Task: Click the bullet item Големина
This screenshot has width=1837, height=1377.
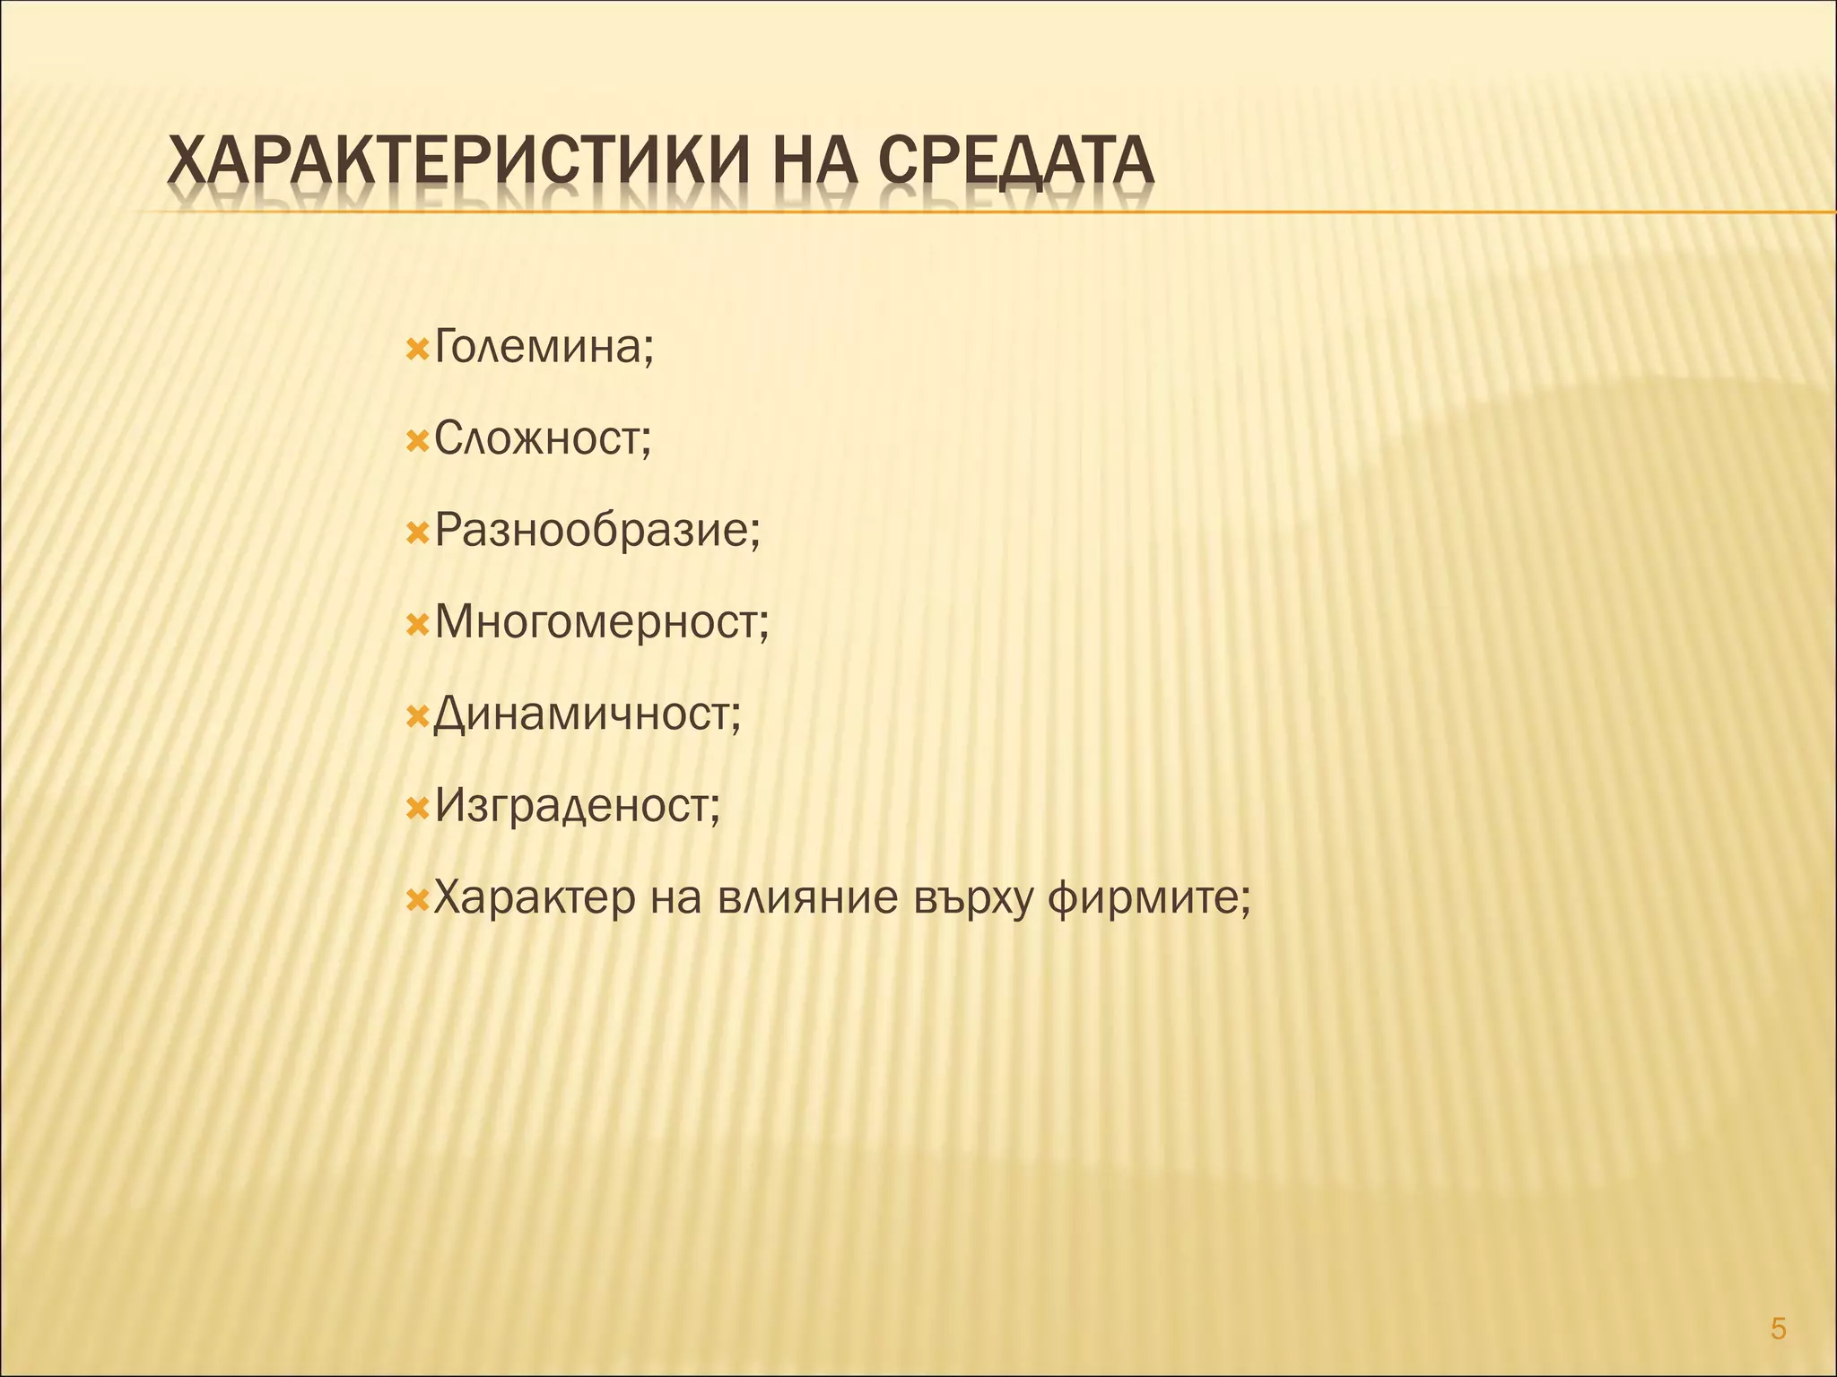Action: tap(544, 347)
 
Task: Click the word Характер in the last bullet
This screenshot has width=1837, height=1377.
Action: tap(535, 897)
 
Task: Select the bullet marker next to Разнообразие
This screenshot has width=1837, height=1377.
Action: tap(416, 533)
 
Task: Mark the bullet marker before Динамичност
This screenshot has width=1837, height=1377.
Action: tap(416, 716)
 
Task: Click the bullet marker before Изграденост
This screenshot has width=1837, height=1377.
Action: tap(416, 808)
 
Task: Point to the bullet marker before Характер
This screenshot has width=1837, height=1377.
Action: tap(416, 899)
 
